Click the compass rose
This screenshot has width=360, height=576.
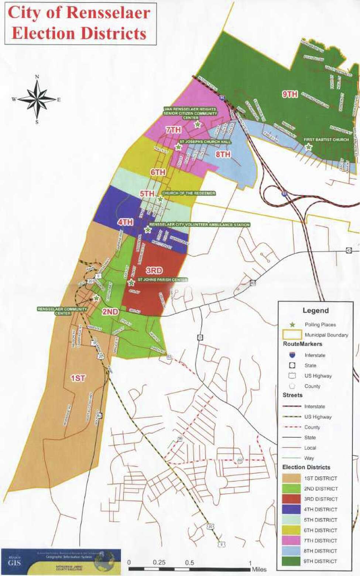tap(37, 99)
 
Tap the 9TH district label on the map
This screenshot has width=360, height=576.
tap(290, 94)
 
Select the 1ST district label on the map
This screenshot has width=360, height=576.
tap(78, 378)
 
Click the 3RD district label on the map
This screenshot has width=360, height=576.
tap(154, 271)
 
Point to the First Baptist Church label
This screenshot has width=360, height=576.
tap(326, 140)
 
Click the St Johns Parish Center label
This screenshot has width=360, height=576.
tap(162, 280)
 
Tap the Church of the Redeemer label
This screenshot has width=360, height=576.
tap(188, 193)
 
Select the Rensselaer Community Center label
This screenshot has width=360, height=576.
tap(62, 311)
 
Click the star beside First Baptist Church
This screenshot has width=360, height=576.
tap(308, 147)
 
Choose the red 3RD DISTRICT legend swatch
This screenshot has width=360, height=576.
tap(291, 499)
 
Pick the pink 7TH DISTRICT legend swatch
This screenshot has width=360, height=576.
tap(291, 540)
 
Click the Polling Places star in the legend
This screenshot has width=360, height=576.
tap(292, 325)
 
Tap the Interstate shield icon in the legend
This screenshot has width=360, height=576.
tap(292, 355)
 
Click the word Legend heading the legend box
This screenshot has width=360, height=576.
tap(315, 311)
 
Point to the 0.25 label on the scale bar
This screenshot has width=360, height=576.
tap(159, 562)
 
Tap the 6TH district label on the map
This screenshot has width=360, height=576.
tap(158, 172)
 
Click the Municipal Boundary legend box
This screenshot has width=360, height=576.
tap(292, 335)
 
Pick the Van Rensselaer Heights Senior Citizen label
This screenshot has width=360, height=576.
tap(191, 113)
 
